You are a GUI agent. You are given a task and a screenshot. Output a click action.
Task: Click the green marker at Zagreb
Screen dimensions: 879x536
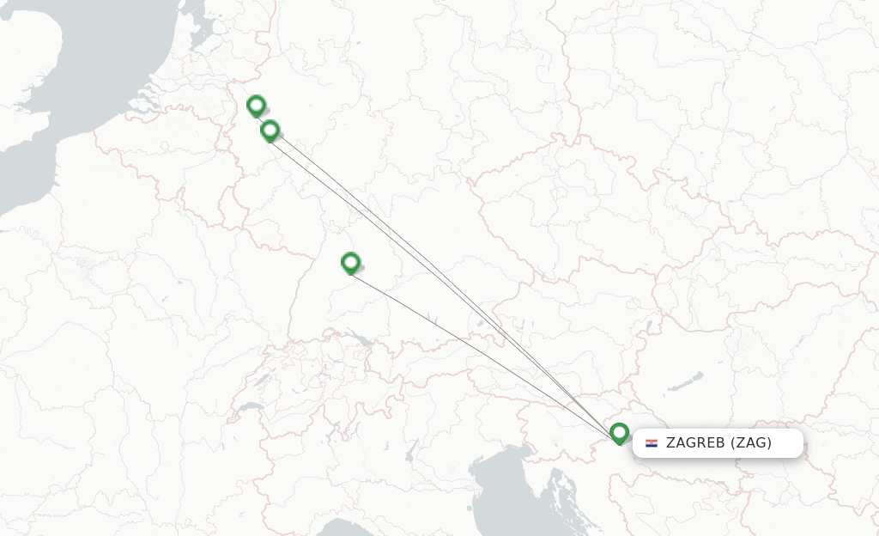pos(619,433)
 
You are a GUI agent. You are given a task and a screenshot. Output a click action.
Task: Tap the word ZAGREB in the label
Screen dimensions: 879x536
pos(694,443)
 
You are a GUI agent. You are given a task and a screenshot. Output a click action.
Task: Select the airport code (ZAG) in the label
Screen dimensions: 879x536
pos(751,443)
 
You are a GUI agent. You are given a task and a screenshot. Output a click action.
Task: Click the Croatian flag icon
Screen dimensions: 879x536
pos(652,443)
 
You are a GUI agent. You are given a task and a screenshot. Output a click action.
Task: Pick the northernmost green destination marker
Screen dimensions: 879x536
pos(256,106)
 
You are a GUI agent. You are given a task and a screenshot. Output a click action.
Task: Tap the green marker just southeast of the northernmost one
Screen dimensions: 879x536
pos(270,131)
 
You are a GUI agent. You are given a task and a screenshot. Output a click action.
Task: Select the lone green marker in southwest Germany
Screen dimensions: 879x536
pos(350,262)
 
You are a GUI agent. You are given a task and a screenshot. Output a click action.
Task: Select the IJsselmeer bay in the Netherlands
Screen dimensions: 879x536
pos(199,34)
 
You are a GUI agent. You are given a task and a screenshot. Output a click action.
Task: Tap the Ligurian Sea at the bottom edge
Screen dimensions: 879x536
pos(343,526)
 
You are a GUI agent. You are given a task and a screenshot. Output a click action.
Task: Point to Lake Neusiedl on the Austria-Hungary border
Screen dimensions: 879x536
pos(649,325)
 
